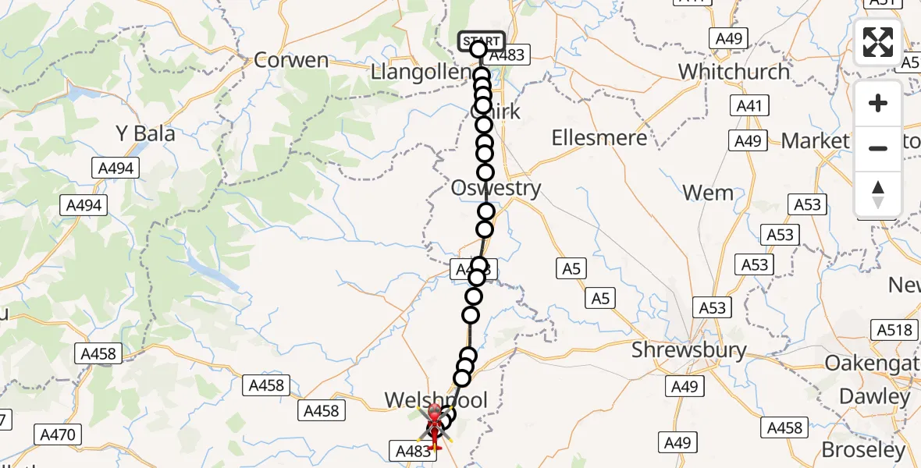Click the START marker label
[481, 41]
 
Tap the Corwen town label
[290, 60]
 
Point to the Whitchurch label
[734, 71]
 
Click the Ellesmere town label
[599, 138]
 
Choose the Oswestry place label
[496, 189]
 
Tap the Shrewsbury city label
[689, 349]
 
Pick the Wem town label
[708, 193]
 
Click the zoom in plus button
[878, 103]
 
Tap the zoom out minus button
[878, 148]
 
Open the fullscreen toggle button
[878, 42]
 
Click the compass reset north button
[878, 193]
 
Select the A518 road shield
[894, 330]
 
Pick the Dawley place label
[874, 396]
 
